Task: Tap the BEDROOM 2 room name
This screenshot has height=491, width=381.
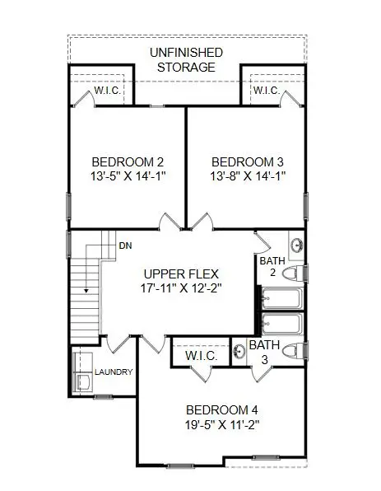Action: (x=128, y=161)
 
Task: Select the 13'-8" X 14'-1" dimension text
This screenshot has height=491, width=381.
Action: (x=246, y=175)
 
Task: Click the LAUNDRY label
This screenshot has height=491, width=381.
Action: (x=114, y=372)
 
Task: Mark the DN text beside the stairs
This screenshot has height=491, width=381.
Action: (x=125, y=245)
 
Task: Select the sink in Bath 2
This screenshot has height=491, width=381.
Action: (x=296, y=245)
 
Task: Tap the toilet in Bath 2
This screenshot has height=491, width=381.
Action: (x=295, y=273)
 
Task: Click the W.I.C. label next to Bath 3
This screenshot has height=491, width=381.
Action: (x=201, y=356)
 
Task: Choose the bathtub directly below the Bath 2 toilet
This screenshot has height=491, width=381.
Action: (x=281, y=297)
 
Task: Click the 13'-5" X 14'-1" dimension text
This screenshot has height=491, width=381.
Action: (x=128, y=175)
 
